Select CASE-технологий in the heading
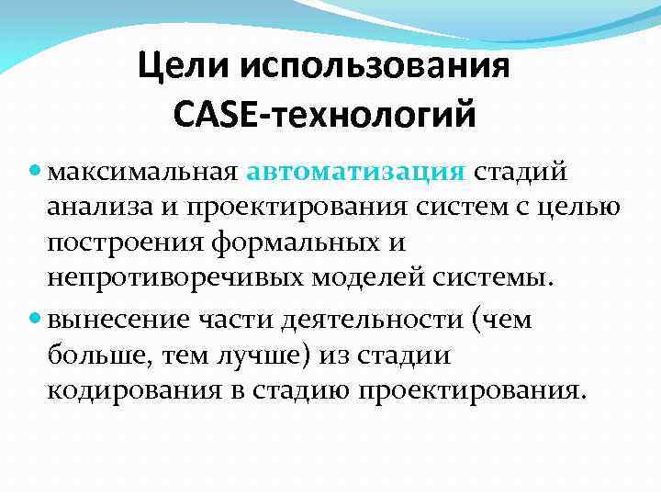point(323,116)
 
